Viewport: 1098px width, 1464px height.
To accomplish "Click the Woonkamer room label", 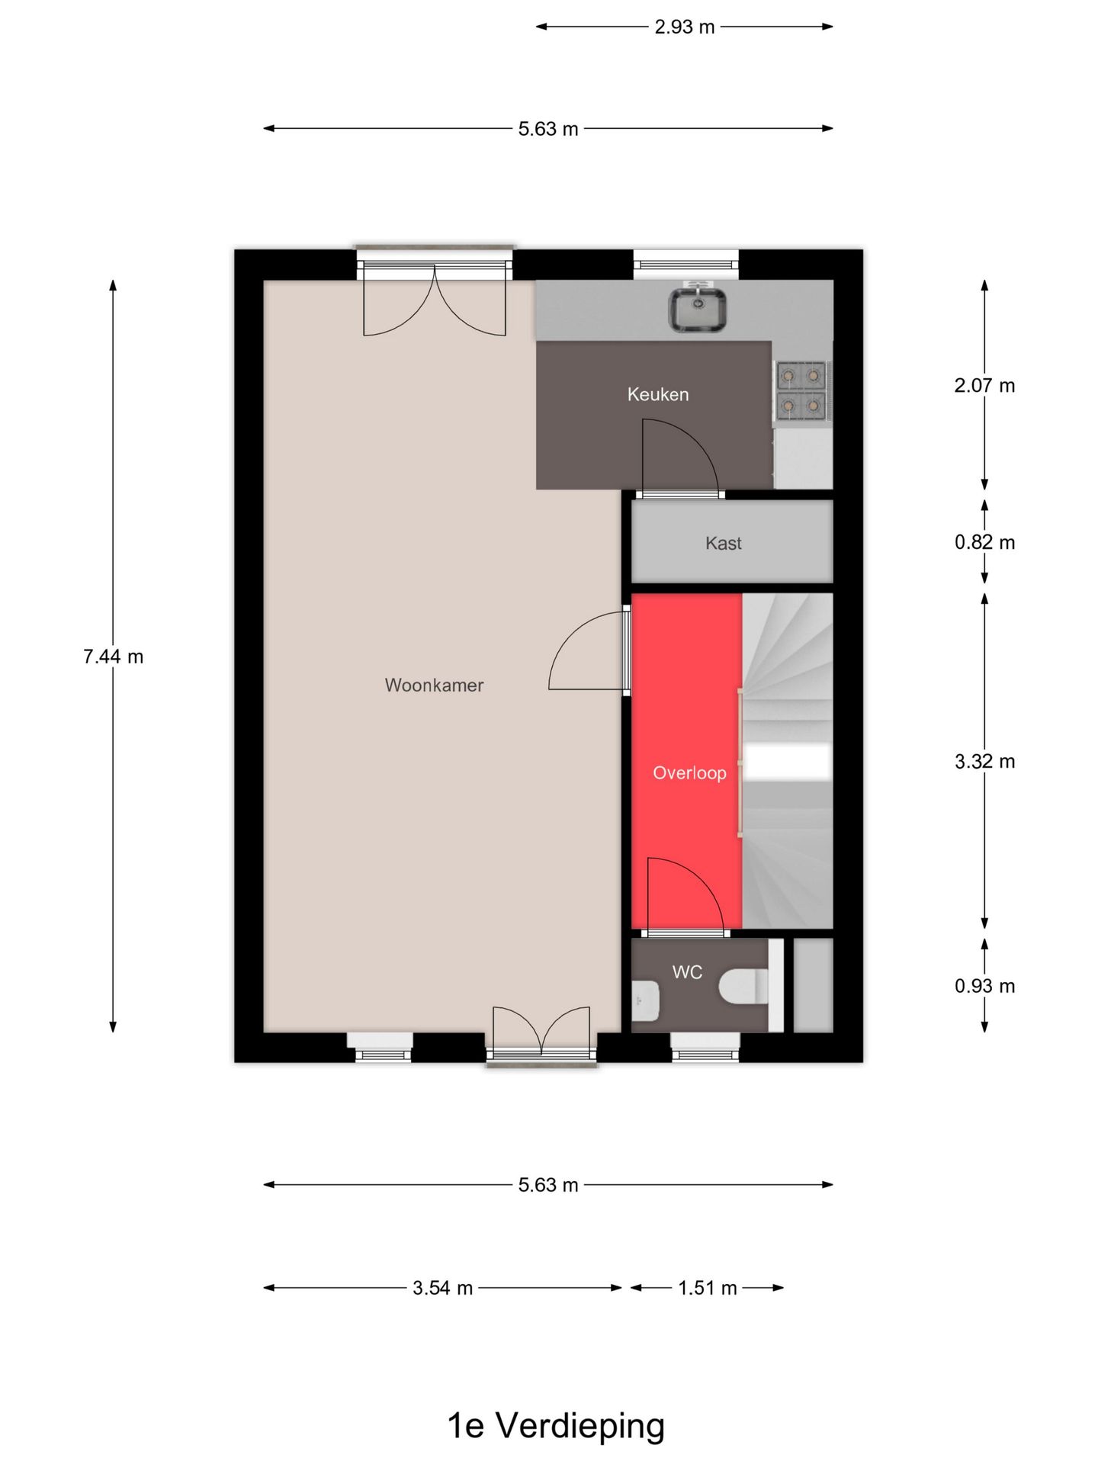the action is [434, 685].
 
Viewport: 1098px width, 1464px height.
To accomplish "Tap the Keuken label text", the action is [658, 394].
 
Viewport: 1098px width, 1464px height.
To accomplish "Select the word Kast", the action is [723, 543].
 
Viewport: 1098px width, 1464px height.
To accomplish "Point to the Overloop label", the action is [689, 773].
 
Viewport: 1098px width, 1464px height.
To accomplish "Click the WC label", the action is [687, 972].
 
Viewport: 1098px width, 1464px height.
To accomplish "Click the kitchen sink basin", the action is [698, 308].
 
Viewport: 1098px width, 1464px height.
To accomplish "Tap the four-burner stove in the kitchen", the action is [801, 391].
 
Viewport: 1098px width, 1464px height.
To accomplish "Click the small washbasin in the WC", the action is [646, 1000].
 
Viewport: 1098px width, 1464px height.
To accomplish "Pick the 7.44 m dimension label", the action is [113, 657].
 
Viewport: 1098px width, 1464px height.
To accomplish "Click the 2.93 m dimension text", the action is [685, 27].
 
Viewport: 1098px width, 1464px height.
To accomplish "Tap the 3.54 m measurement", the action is [442, 1288].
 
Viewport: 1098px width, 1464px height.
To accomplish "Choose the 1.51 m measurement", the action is [708, 1288].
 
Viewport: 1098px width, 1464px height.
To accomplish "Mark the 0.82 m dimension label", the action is [984, 542].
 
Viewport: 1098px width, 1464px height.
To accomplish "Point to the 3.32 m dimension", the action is [984, 761].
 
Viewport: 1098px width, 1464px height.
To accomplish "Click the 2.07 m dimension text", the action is [984, 385].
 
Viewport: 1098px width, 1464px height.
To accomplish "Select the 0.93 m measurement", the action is [984, 986].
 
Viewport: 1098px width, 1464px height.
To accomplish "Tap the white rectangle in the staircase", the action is [787, 762].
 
